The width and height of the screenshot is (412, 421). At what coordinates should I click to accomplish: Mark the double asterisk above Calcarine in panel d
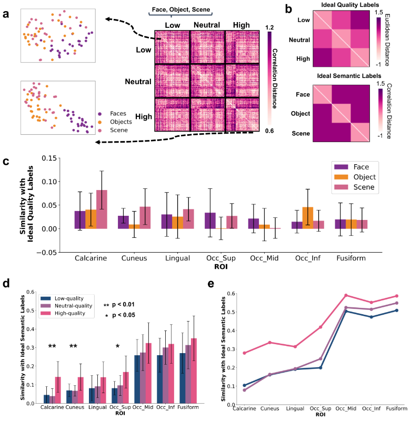53,346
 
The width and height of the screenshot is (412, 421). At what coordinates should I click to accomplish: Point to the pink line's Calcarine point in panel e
245,353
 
